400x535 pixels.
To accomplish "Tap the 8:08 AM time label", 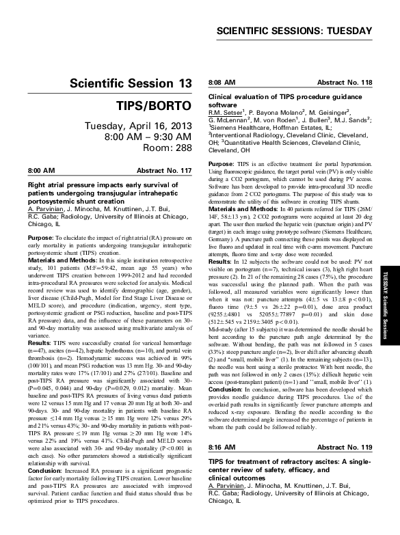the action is point(221,83).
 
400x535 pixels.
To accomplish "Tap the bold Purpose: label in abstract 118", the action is point(224,146).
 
